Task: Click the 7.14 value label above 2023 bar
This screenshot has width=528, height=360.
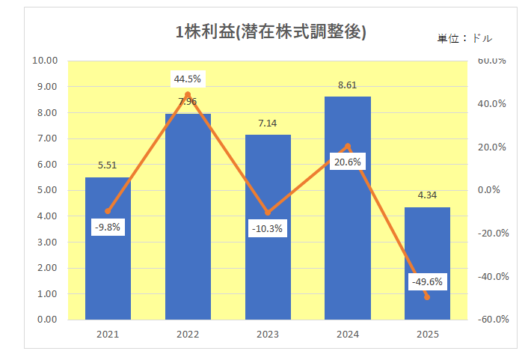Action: (268, 123)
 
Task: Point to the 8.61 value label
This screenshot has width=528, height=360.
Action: (348, 85)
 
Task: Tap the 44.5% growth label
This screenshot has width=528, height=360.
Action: (188, 79)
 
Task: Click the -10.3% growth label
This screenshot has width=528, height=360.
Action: (268, 228)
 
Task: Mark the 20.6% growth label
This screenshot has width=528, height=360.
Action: (348, 162)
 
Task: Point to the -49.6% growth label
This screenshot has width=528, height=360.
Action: (428, 282)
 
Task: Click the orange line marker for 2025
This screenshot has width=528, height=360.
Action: (428, 297)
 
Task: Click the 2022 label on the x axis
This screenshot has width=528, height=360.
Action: (188, 335)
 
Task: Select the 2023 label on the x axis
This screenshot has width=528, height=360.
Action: (268, 335)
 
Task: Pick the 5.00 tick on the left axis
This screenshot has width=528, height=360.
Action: (48, 190)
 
